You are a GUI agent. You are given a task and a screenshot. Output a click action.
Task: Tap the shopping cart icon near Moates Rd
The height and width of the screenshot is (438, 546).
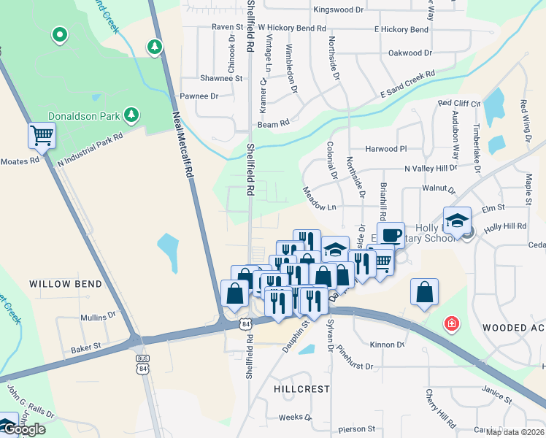[42, 134]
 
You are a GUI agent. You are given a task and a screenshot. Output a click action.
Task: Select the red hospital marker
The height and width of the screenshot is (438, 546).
[453, 323]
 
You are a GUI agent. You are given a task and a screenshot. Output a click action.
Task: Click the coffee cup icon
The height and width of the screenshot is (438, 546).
[391, 234]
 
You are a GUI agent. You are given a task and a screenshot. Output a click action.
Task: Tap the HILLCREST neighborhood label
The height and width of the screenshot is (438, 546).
[302, 389]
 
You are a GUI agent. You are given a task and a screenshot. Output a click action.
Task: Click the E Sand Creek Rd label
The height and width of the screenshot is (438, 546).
[407, 85]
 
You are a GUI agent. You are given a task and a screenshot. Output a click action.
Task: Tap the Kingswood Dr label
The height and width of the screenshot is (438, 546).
[338, 10]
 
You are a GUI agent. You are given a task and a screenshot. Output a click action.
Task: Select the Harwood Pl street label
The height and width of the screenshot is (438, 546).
[385, 148]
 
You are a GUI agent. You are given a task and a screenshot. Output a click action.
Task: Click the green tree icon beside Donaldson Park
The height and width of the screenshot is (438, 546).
[131, 114]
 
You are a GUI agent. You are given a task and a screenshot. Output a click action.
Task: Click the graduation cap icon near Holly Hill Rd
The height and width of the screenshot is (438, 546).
[457, 219]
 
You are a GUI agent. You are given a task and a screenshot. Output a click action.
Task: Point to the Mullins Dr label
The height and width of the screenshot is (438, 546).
[98, 317]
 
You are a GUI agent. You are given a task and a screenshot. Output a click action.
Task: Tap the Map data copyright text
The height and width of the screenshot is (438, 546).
[513, 432]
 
